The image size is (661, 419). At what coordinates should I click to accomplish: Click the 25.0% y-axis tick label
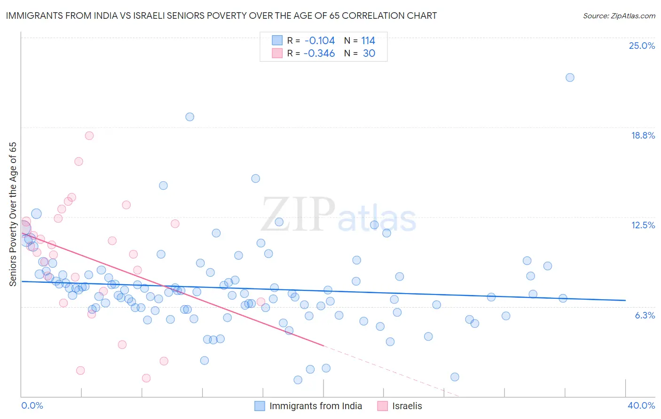642,46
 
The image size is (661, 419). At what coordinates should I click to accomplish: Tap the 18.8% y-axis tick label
643,135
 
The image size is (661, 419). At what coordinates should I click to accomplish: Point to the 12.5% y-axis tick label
643,225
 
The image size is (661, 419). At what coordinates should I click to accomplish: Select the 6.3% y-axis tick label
645,315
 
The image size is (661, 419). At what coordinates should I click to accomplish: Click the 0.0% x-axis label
32,405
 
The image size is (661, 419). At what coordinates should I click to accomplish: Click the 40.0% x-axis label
641,405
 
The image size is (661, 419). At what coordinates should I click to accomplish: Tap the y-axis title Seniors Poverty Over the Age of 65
13,214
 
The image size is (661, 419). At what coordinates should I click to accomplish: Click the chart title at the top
221,16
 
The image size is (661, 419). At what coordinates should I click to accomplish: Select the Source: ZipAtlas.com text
619,16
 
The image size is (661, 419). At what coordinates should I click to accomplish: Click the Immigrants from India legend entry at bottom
315,406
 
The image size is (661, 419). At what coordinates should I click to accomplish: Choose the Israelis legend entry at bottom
407,406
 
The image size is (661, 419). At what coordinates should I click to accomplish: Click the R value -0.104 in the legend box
319,40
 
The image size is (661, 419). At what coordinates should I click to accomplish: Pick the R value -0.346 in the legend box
319,53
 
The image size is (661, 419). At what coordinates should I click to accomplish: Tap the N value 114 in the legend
368,40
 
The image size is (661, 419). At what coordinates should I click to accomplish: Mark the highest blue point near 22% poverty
570,78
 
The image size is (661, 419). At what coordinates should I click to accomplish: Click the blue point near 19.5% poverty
189,117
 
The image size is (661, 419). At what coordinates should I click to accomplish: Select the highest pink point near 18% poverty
89,136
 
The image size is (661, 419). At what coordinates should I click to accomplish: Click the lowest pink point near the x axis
146,378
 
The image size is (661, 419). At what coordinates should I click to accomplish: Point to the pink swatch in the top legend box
277,53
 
